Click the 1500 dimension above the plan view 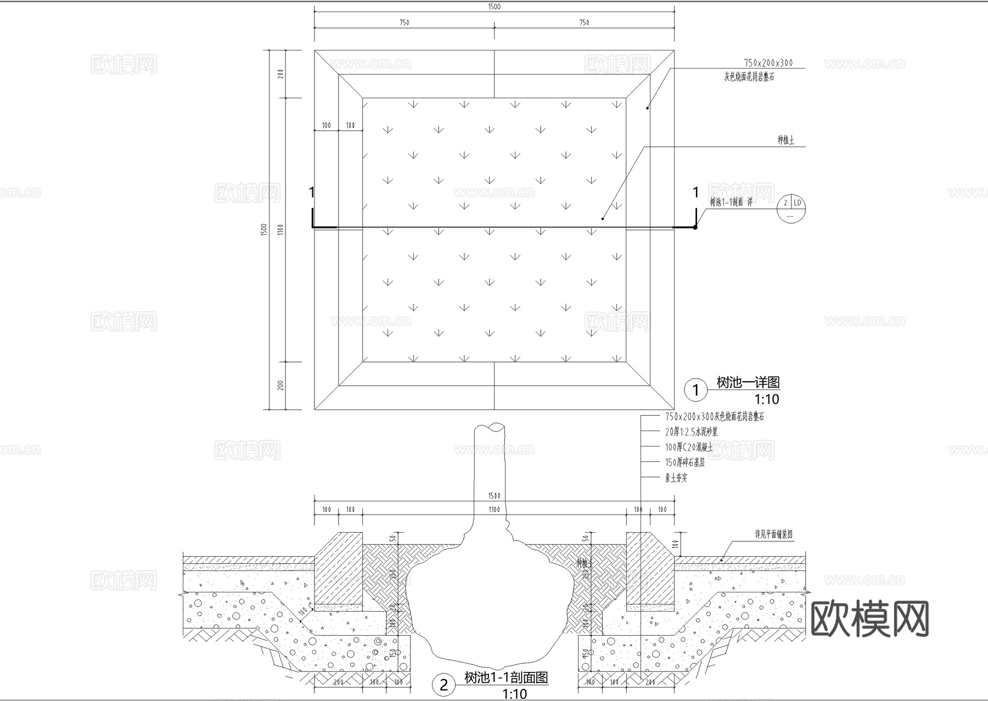[x=494, y=7]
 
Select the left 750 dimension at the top [x=404, y=22]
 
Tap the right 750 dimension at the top [x=584, y=22]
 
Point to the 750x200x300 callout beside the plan [x=768, y=63]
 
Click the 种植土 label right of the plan [x=785, y=140]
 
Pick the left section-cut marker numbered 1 [x=312, y=193]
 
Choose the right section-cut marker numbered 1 [x=695, y=193]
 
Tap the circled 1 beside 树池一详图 [x=696, y=390]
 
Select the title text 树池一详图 [x=748, y=382]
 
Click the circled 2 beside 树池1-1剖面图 [x=444, y=685]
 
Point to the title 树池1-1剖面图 [x=506, y=678]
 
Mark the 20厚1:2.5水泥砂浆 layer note [x=691, y=432]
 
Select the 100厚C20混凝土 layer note [x=689, y=448]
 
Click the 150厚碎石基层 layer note [x=684, y=463]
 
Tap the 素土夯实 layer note [x=676, y=478]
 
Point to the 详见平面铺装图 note [x=773, y=534]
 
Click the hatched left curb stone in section [x=338, y=570]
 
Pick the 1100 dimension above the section [x=494, y=510]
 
